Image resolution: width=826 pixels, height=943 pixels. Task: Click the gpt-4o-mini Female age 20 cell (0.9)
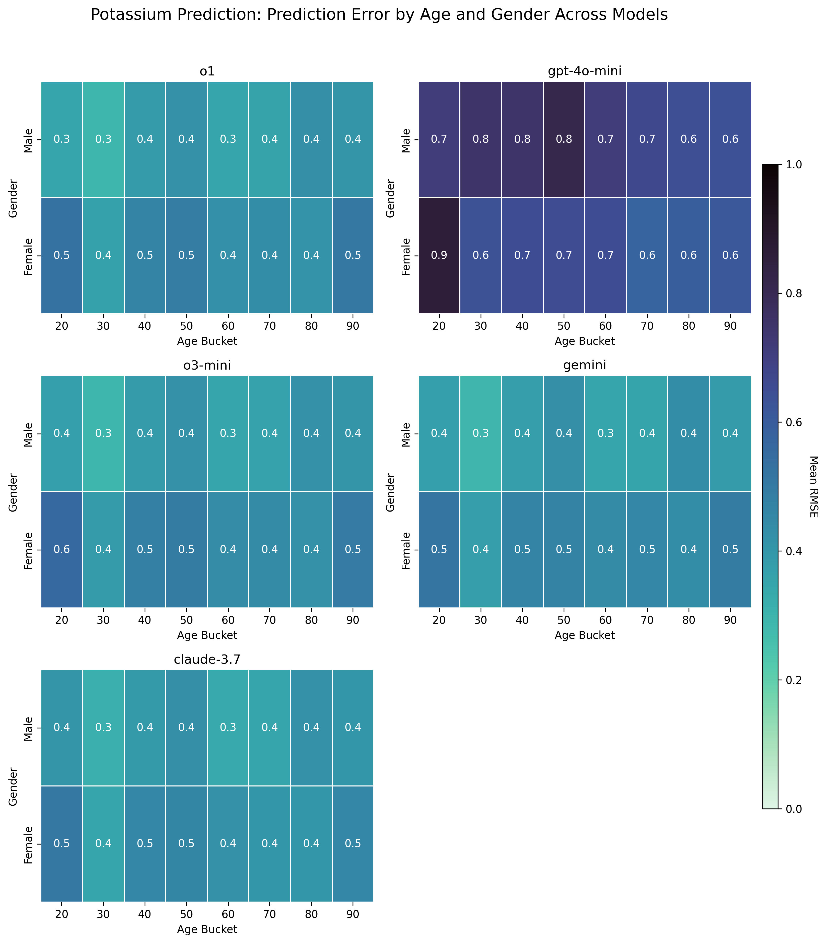[439, 256]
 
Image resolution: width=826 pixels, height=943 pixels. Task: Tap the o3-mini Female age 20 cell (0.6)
[62, 549]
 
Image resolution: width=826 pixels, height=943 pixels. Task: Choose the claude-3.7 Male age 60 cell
[228, 728]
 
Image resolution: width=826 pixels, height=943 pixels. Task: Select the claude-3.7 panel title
[207, 660]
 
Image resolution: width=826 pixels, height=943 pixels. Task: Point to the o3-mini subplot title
[207, 366]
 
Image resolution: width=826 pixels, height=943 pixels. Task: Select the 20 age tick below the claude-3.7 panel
[62, 916]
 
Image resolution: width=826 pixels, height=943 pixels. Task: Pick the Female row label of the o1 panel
[29, 256]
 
